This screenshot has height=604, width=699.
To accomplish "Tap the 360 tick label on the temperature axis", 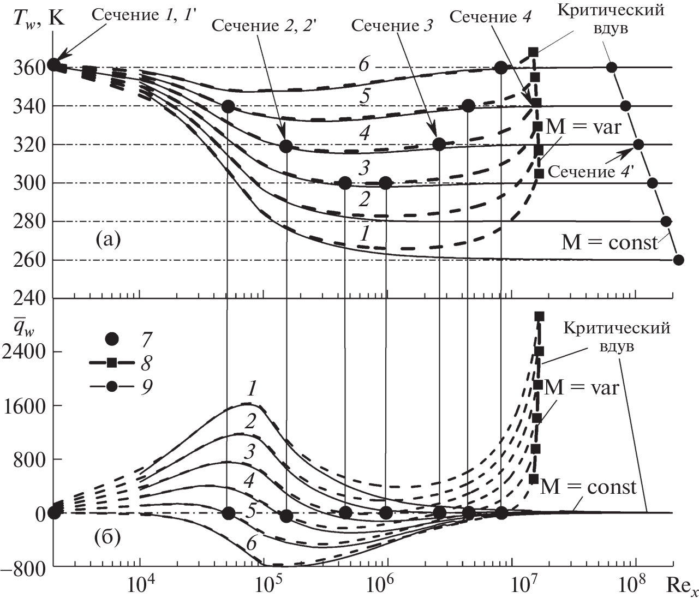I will pos(27,68).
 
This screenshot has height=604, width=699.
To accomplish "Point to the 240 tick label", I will pos(27,298).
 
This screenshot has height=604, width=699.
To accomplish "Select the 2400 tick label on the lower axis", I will pos(24,351).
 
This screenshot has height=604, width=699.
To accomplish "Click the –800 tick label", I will pos(23,567).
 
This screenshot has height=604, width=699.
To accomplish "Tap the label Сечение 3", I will pos(392,26).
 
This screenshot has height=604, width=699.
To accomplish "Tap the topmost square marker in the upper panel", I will pos(533,52).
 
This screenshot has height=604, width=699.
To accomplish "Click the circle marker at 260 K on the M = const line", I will pos(678,260).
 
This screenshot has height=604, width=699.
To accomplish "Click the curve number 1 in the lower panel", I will pos(252,388).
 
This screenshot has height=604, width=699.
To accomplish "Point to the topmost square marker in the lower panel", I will pos(539,316).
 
